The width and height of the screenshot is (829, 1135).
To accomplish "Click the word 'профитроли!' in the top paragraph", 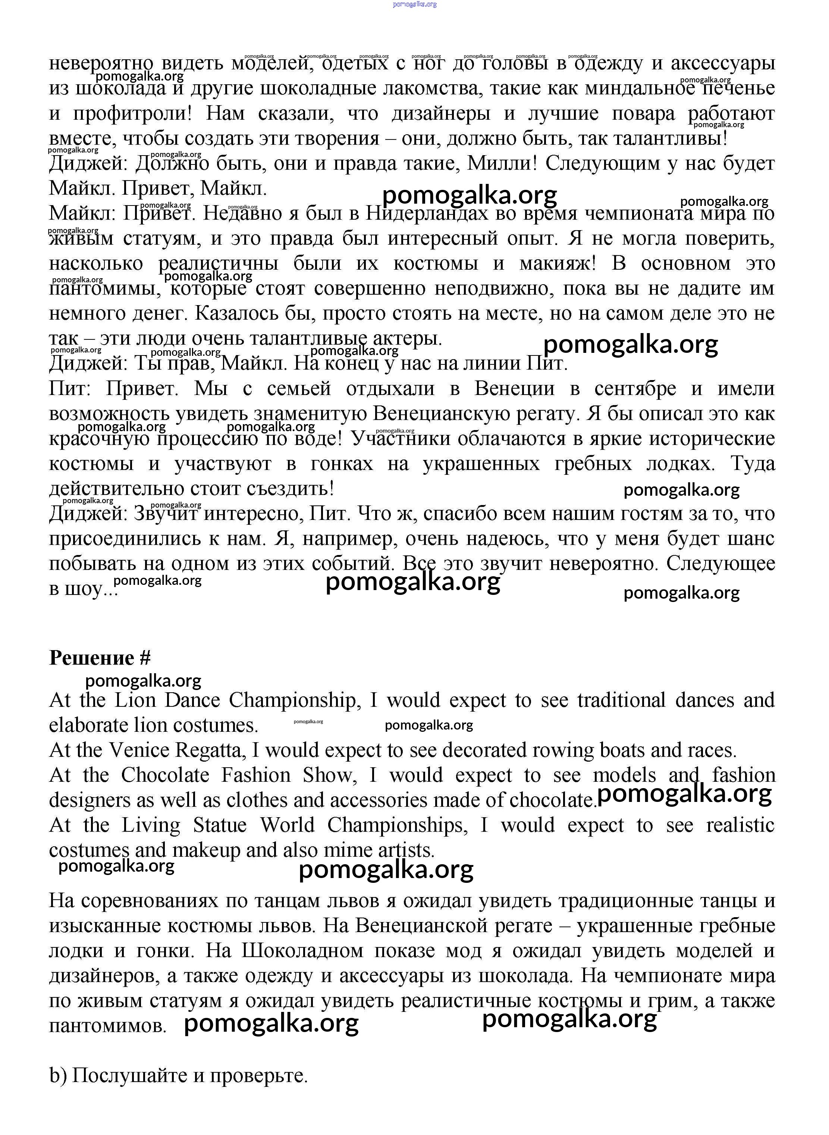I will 132,114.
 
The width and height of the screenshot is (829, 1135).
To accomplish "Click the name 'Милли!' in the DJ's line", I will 502,164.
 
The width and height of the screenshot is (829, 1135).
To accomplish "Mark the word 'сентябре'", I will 634,389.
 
